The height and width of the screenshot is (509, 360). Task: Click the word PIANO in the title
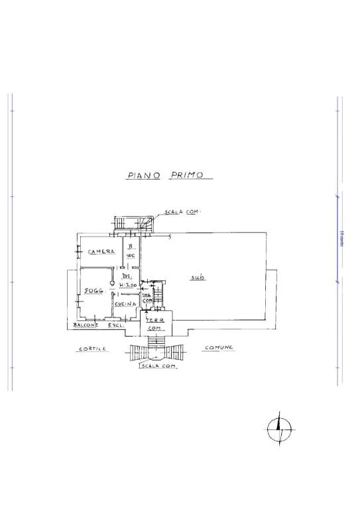[x=143, y=176]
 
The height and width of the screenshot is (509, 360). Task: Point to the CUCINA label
[x=125, y=304]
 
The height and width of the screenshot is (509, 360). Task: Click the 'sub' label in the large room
[x=197, y=277]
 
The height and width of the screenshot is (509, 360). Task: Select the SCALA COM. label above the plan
[x=182, y=211]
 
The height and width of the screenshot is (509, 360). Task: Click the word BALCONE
[x=86, y=325]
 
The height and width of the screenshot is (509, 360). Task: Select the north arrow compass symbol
[x=279, y=431]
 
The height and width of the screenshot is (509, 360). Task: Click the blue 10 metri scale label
[x=341, y=237]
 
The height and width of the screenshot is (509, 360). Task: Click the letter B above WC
[x=131, y=247]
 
